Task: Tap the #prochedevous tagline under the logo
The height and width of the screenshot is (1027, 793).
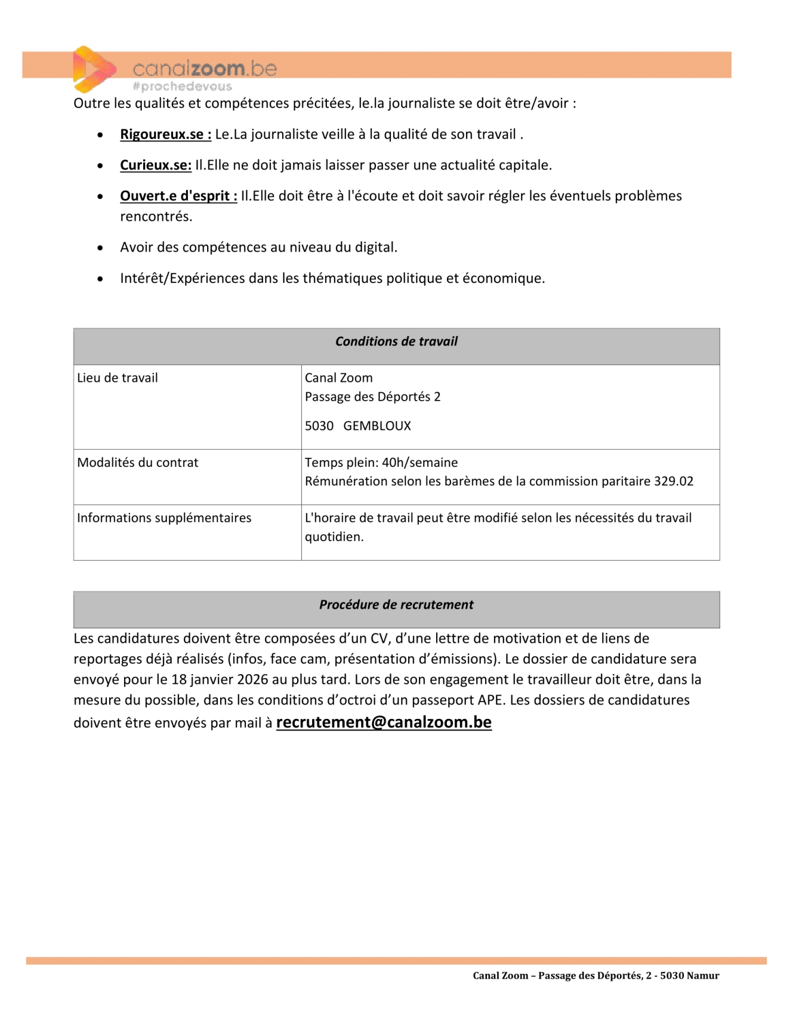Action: [x=182, y=87]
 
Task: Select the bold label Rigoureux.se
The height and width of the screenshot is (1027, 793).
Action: [x=165, y=134]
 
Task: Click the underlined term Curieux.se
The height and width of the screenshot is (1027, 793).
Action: [x=155, y=165]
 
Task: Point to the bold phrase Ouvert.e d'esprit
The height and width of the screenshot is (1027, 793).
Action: [x=178, y=196]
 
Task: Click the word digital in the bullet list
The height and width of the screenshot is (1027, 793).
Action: [x=375, y=247]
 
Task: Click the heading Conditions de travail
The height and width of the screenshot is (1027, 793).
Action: [x=396, y=342]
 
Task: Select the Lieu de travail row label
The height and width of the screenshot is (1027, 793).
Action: [x=118, y=378]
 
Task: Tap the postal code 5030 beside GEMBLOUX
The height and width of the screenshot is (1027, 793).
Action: [x=319, y=426]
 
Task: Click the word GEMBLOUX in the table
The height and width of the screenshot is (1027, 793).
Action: [x=377, y=426]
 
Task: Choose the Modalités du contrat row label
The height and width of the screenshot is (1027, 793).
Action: [x=137, y=462]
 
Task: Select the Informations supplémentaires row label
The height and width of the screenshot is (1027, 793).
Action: [x=164, y=518]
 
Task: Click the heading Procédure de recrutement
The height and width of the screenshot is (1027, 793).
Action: [x=396, y=605]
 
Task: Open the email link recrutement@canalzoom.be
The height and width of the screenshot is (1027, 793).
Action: [x=384, y=722]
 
